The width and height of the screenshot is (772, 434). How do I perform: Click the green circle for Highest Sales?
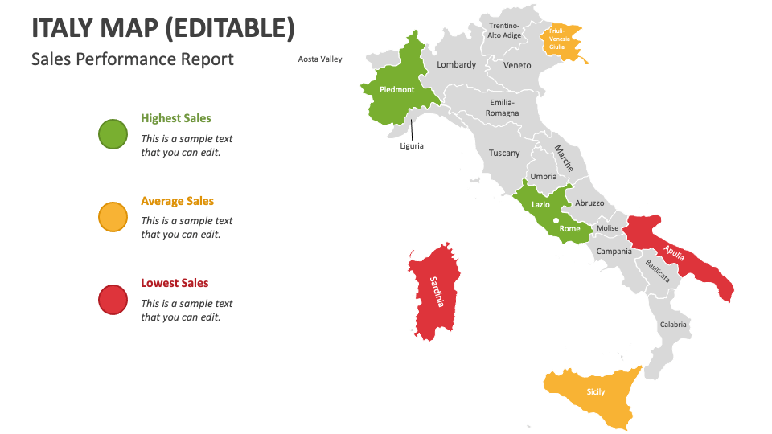coord(113,133)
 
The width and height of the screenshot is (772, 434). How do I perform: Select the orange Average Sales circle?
coord(113,217)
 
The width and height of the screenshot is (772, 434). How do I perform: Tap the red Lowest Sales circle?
coord(113,300)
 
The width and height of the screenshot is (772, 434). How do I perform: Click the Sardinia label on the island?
coord(435,292)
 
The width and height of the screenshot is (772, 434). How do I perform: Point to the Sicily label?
coord(595,392)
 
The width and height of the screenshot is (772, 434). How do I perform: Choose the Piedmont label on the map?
coord(397,90)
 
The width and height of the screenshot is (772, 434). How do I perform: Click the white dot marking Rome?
coord(555,219)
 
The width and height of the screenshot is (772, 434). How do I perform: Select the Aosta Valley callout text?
coord(320,59)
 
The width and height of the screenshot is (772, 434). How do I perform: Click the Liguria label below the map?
coord(412,146)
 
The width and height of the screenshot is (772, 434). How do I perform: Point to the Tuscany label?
coord(504,153)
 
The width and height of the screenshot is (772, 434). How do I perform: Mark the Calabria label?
coord(674,325)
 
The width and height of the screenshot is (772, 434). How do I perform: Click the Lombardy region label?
coord(457,64)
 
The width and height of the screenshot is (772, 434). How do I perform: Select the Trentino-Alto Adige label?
coord(505,31)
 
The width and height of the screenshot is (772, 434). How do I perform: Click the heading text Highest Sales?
coord(175,118)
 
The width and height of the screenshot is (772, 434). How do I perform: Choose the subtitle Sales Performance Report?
coord(133,59)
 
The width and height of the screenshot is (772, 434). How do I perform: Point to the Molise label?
coord(608,228)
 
